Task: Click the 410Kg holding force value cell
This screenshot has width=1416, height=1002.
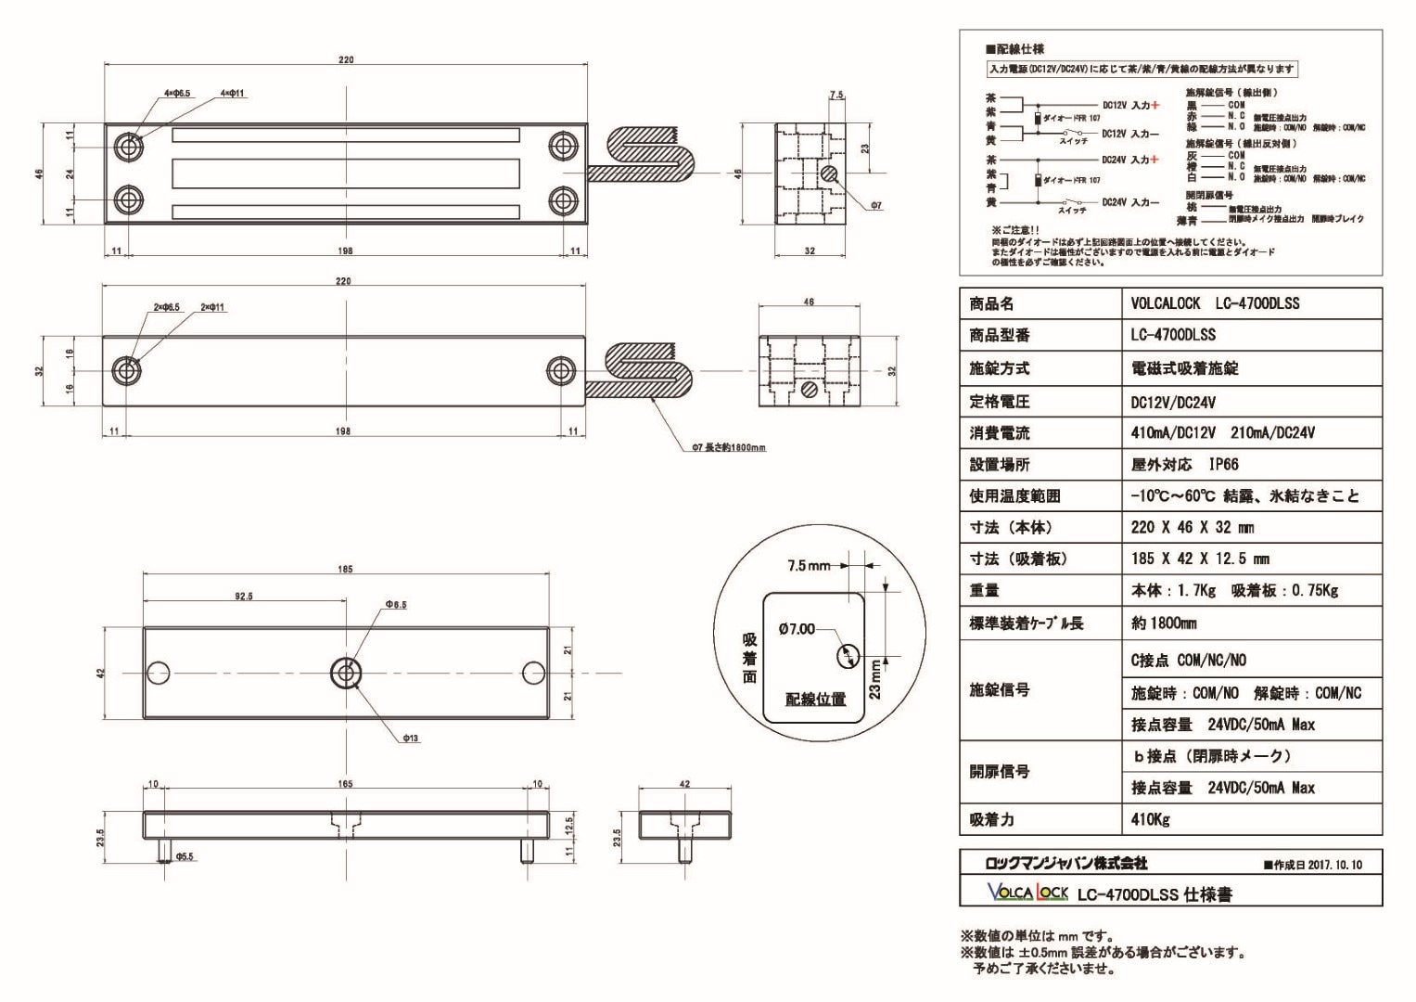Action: coord(1150,819)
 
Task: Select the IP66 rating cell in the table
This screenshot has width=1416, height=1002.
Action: coord(1223,464)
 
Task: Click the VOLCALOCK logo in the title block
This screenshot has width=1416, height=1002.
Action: coord(1027,893)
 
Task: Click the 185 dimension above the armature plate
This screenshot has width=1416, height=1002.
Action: coord(345,569)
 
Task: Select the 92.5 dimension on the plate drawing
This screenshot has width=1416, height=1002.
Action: coord(244,597)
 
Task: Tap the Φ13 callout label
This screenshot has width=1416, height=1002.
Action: coord(410,739)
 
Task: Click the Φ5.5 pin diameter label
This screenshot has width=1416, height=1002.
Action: coord(185,856)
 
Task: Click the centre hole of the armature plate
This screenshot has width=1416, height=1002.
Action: coord(346,673)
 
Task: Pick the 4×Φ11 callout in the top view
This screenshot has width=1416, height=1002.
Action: coord(232,94)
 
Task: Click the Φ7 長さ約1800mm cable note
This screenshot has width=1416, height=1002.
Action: coord(729,447)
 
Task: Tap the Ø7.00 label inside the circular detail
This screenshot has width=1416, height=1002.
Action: coord(797,629)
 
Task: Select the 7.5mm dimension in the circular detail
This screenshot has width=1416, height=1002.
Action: coord(809,565)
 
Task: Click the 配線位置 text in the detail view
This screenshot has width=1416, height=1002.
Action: coord(815,699)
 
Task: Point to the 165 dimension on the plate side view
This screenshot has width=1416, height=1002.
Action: coord(345,784)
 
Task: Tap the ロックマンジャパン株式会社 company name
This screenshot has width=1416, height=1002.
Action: coord(1065,863)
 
